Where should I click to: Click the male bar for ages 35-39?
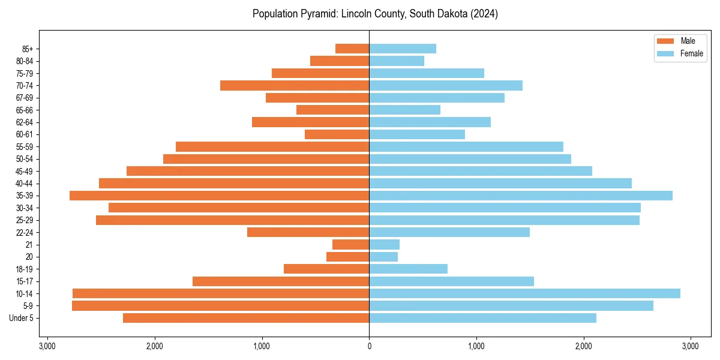click(219, 196)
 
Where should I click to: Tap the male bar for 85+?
click(352, 49)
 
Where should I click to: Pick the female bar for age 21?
click(384, 245)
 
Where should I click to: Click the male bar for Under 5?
click(246, 318)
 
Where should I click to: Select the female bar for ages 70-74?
click(446, 86)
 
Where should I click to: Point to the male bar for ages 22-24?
click(308, 232)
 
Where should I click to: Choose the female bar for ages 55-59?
click(466, 147)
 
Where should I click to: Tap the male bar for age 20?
click(347, 257)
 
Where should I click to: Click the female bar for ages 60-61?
click(417, 134)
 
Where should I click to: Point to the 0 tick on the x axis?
click(369, 346)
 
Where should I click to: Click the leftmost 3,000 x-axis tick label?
click(47, 346)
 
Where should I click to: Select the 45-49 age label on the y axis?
click(24, 171)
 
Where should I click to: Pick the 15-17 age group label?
click(24, 281)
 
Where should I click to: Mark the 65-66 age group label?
click(24, 110)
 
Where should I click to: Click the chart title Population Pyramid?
click(375, 14)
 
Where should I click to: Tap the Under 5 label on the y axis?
click(22, 318)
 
